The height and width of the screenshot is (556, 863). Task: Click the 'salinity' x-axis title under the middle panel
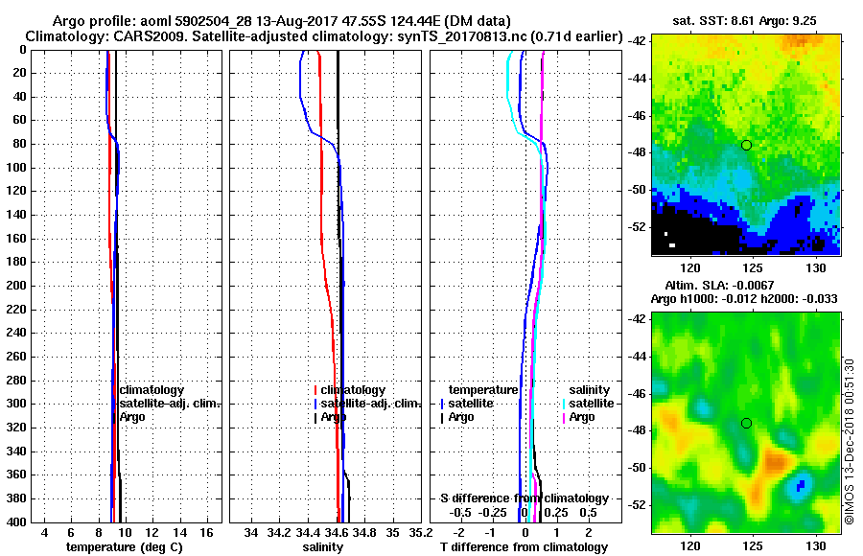tap(322, 546)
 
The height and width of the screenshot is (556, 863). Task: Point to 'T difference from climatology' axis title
tap(524, 546)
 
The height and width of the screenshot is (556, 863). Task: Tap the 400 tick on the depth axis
tap(19, 522)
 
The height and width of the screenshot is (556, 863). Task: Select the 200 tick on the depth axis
tap(19, 286)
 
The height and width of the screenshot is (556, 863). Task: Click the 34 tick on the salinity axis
tap(252, 532)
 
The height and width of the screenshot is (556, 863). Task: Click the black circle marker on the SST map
tap(746, 145)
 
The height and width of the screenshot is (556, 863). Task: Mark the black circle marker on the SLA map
tap(746, 423)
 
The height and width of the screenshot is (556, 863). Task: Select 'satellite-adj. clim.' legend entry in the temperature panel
tap(169, 404)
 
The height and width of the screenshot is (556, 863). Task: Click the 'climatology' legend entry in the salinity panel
tap(353, 390)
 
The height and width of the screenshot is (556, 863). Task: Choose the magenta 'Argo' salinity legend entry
tap(582, 417)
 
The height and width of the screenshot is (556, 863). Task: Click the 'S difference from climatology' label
tap(524, 498)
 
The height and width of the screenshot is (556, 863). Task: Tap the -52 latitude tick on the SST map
tap(638, 226)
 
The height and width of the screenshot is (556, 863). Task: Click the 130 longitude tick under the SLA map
tap(817, 544)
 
